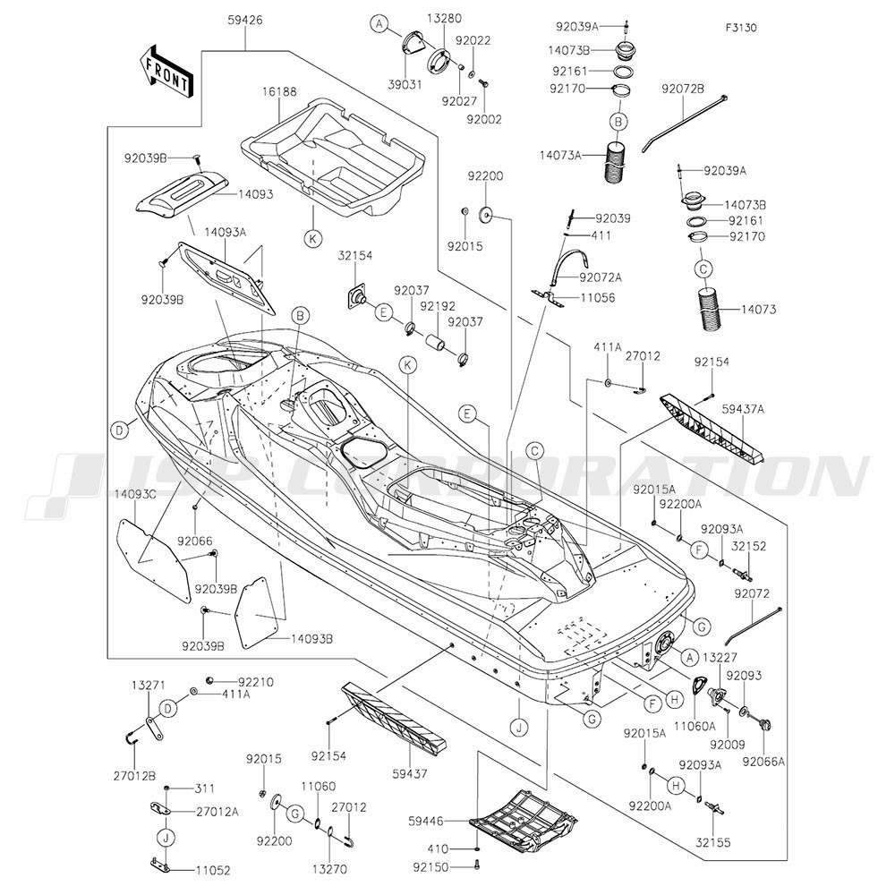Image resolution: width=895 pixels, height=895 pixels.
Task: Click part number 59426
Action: tap(245, 21)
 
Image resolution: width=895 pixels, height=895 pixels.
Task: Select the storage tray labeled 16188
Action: tap(334, 157)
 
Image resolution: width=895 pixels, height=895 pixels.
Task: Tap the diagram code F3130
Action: tap(741, 28)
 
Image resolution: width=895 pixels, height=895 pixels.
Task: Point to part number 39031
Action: tap(405, 84)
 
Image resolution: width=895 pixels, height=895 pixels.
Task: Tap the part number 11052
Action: tap(213, 871)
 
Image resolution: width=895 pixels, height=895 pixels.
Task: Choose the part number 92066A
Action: tap(763, 762)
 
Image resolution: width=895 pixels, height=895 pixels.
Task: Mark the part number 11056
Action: tap(598, 297)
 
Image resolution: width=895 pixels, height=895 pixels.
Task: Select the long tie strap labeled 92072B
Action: tap(685, 123)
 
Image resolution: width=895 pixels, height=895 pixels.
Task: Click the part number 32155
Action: tap(713, 842)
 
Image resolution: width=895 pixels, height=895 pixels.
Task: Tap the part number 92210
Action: tap(256, 682)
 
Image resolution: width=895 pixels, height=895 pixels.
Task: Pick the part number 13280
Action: tap(444, 19)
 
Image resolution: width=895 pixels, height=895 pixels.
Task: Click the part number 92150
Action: tap(431, 867)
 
